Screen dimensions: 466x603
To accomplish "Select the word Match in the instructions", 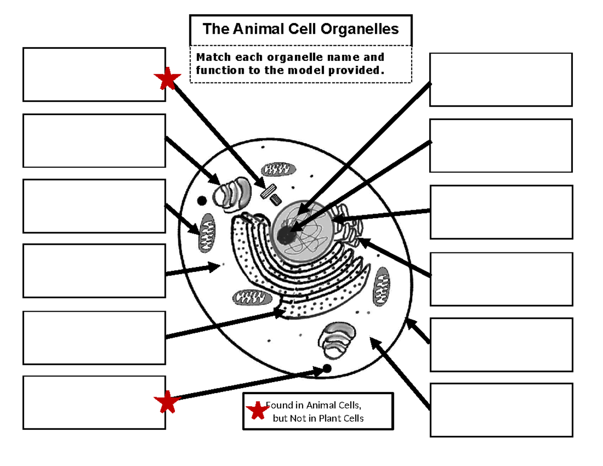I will [212, 57].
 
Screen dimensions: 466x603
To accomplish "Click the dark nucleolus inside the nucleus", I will [285, 235].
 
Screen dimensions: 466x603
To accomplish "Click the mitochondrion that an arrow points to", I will [207, 232].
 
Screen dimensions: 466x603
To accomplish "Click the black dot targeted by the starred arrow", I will [327, 368].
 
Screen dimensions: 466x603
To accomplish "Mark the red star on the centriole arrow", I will [167, 79].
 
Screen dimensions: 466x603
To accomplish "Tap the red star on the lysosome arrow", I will [167, 402].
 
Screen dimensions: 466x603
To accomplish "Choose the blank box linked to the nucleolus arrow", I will [500, 80].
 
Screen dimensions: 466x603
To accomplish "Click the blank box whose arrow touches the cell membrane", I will [500, 344].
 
